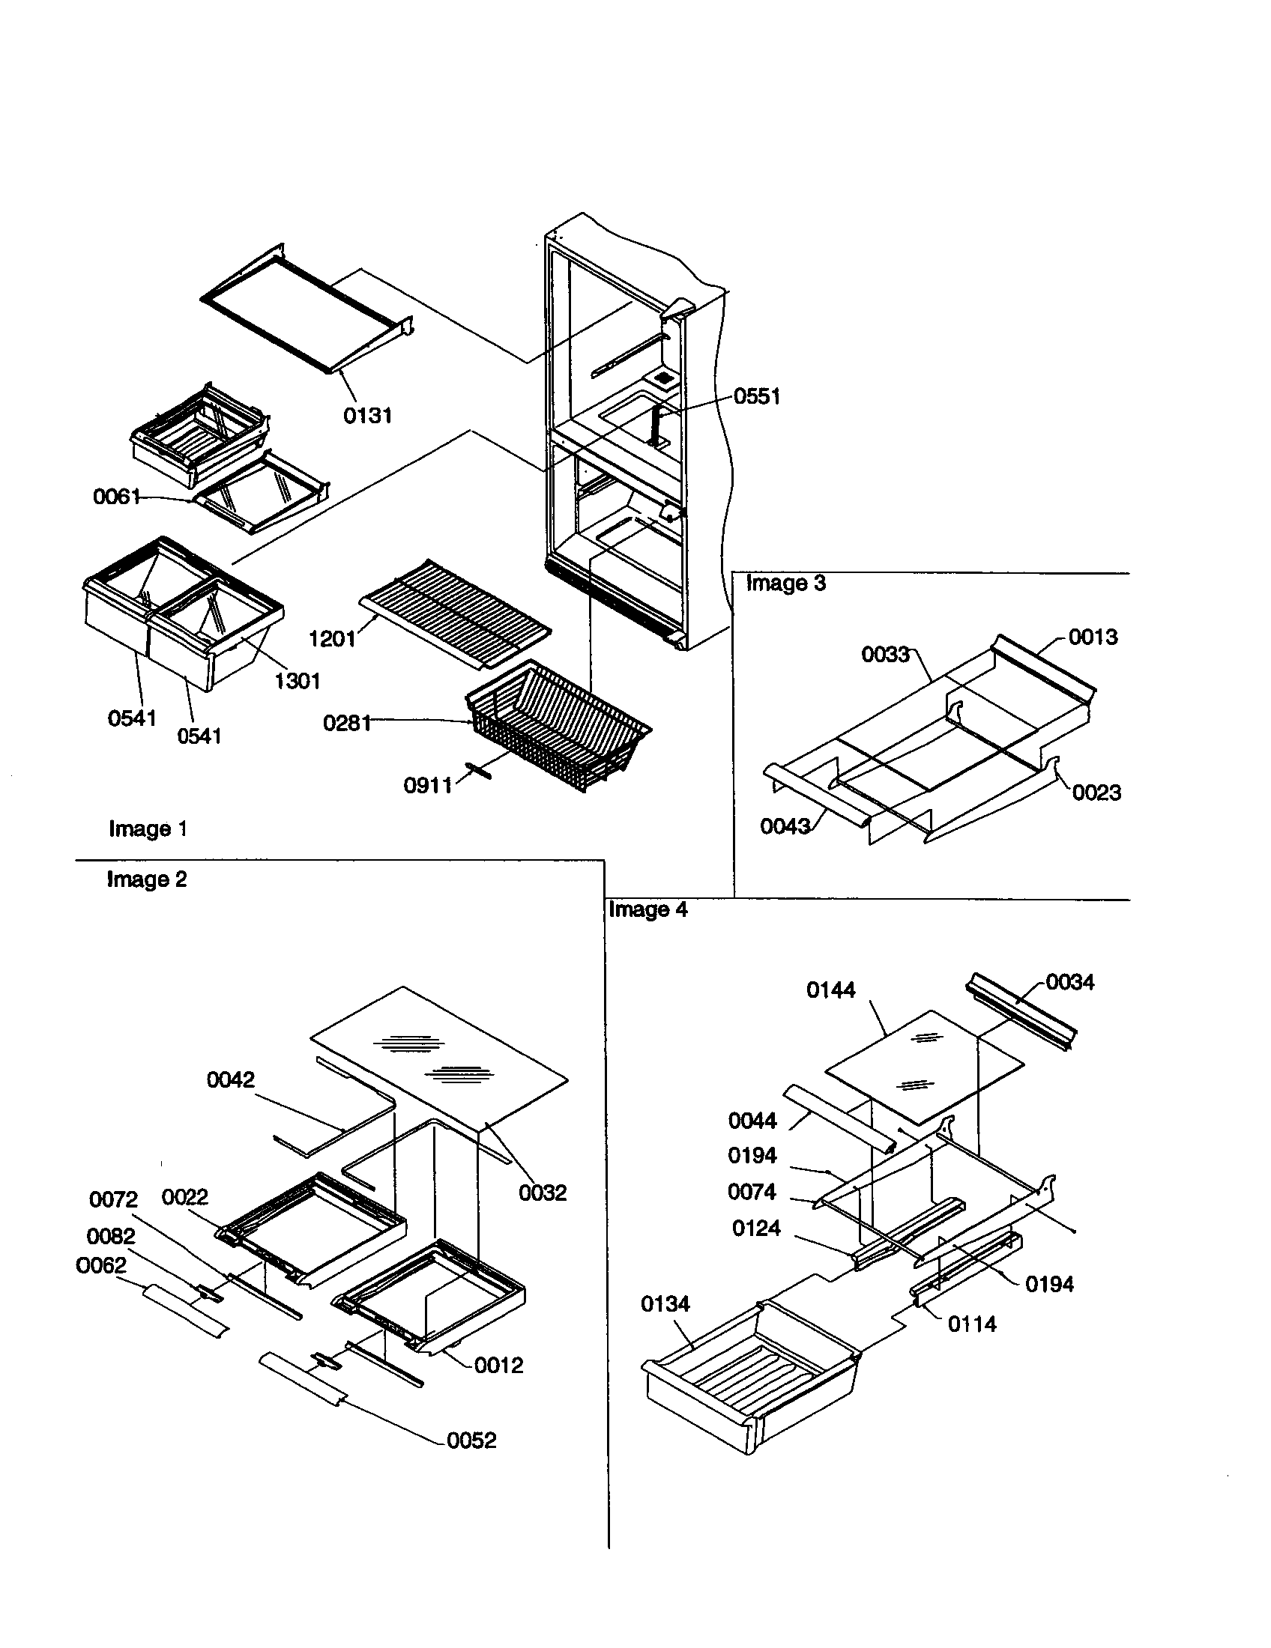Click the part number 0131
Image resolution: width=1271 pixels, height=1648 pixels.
(367, 415)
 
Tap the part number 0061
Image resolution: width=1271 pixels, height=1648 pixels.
(116, 497)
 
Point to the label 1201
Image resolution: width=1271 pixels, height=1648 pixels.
(332, 639)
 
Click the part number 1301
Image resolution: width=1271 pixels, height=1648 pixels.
(298, 681)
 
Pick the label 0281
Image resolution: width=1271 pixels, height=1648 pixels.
(346, 723)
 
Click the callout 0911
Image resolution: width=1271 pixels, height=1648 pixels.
(427, 786)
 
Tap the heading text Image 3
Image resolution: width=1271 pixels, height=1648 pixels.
(785, 584)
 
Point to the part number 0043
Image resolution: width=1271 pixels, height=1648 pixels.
(785, 826)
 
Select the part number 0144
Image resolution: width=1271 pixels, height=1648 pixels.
(831, 990)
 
